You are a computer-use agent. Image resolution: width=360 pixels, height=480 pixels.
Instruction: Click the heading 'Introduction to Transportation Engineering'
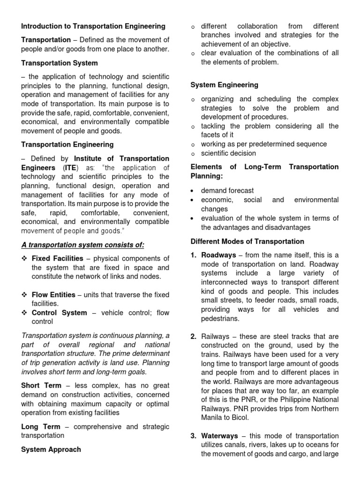93,26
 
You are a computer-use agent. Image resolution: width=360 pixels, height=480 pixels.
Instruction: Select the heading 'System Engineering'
224,85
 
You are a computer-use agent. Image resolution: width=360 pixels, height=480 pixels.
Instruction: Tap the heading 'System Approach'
51,449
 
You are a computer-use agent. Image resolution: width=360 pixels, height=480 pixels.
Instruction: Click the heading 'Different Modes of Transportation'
247,241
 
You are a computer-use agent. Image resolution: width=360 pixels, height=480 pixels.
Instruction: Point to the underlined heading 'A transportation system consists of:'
82,245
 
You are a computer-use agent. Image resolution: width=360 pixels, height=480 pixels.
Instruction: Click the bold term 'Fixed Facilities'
57,258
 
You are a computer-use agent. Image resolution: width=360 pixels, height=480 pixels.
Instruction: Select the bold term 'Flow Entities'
53,295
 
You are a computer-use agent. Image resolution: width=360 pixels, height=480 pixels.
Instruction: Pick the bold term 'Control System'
59,313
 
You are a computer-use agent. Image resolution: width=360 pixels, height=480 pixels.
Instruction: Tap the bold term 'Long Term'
41,427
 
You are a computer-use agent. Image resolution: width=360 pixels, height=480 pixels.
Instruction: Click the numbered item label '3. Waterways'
214,435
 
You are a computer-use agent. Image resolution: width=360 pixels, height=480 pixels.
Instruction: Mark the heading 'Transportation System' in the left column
60,63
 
